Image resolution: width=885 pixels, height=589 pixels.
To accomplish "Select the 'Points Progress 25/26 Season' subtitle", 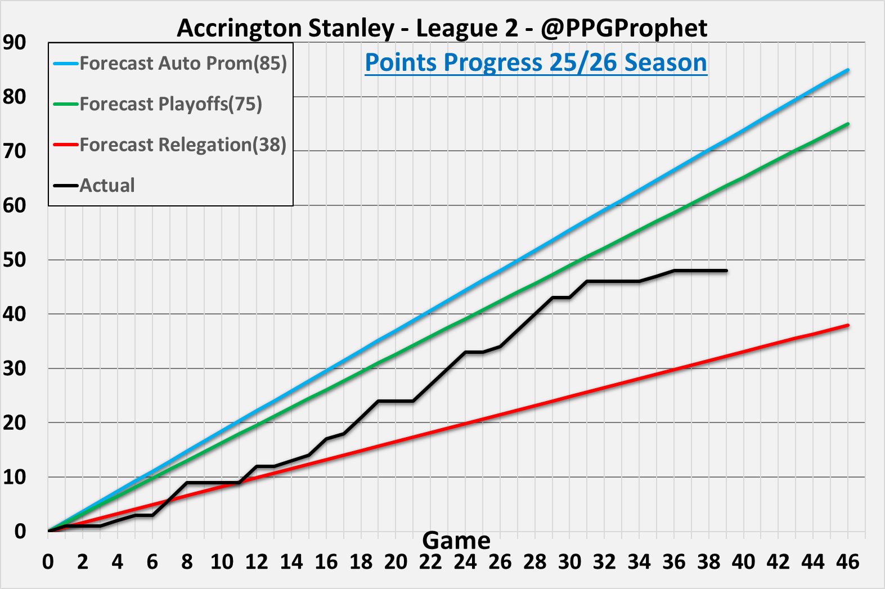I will coord(536,62).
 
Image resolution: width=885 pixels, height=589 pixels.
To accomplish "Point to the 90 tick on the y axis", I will coord(14,42).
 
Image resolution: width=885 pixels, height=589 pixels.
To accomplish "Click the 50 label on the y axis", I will coord(14,260).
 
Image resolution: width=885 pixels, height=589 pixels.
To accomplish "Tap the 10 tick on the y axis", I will coord(14,477).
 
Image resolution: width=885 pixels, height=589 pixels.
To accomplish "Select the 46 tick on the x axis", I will coord(848,561).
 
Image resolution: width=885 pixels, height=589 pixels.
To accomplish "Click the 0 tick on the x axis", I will coord(48,561).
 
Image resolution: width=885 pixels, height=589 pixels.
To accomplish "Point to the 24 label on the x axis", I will coord(465,561).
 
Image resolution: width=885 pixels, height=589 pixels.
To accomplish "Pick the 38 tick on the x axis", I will coord(709,561).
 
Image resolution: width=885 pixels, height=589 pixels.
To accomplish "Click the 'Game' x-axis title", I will coord(456,541).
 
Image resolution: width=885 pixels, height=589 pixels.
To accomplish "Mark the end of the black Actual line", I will coord(726,271).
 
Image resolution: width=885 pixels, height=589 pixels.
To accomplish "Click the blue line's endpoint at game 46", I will coord(848,70).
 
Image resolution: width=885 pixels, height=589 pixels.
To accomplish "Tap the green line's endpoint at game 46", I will coord(848,124).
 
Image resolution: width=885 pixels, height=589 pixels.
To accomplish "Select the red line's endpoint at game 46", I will coord(848,325).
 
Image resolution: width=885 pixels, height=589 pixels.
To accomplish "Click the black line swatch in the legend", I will coord(66,185).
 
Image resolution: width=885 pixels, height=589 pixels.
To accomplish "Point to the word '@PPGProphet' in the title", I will coord(624,28).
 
